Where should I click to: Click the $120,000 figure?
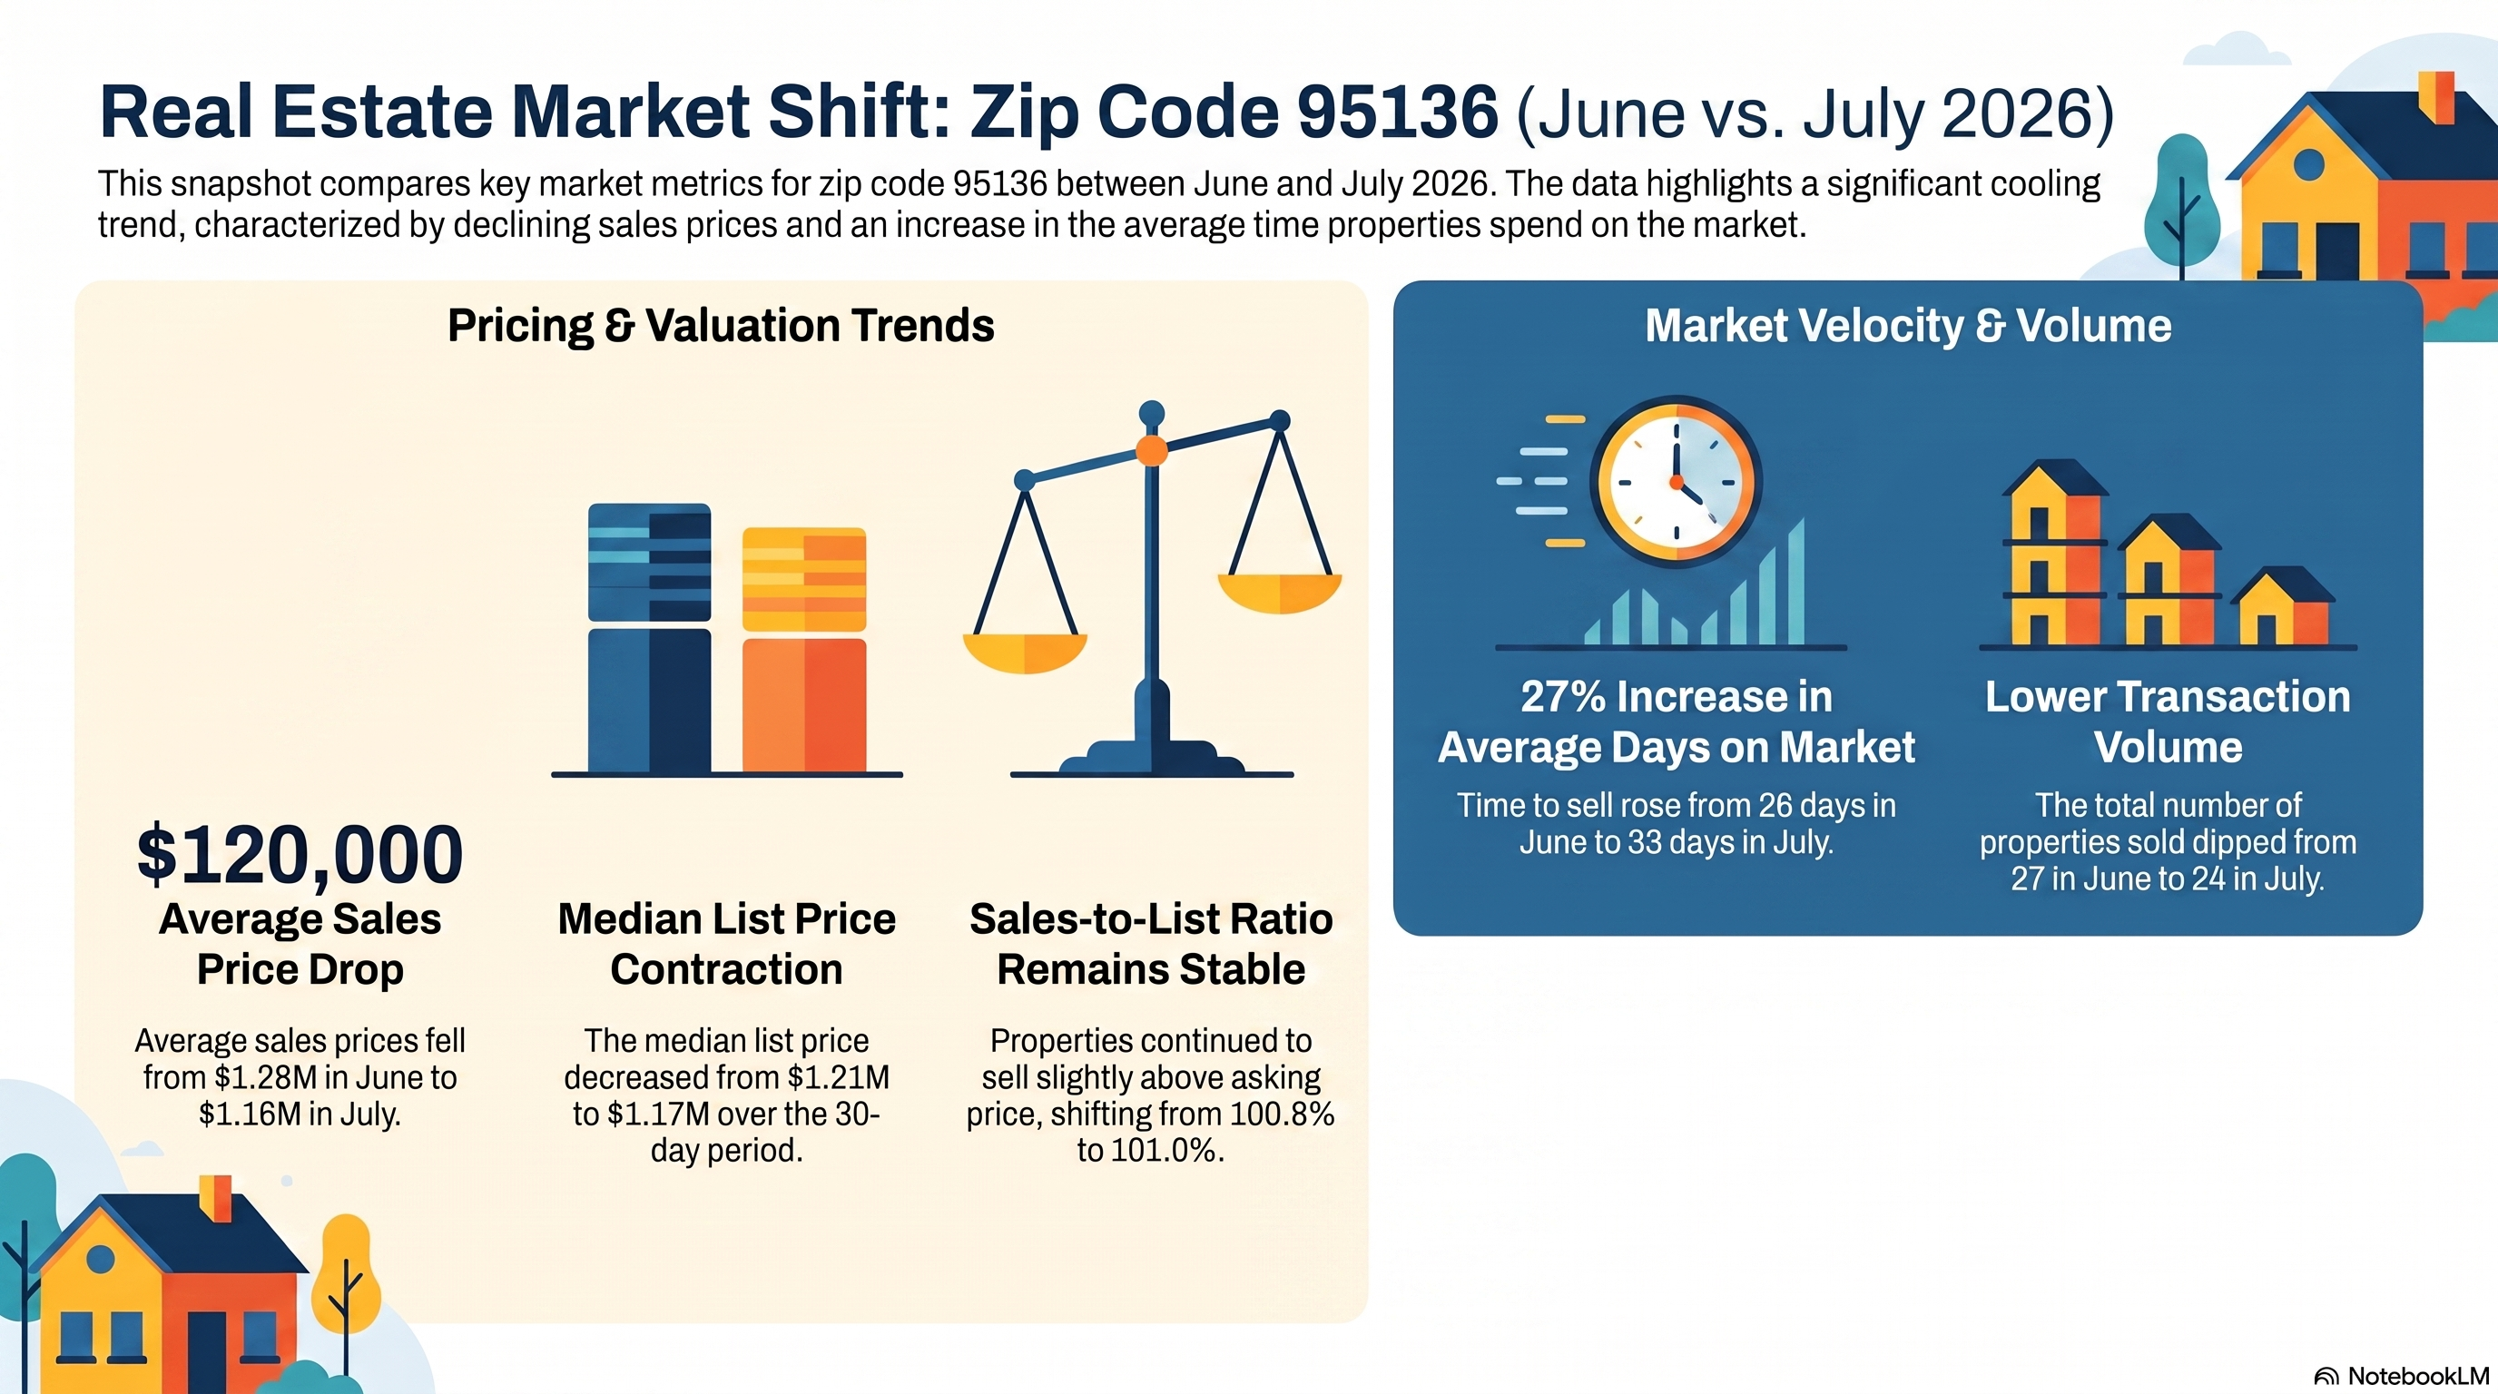[300, 854]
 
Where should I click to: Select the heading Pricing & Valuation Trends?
[721, 326]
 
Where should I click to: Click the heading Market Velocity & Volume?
[1907, 326]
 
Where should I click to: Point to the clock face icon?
[1676, 481]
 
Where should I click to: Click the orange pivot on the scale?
[1151, 450]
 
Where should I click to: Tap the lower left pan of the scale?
[1024, 653]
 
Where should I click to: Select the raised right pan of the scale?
[1280, 593]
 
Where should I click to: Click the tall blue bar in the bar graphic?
[649, 638]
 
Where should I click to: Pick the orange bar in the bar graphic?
[804, 650]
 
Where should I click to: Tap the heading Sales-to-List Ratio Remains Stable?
[1151, 944]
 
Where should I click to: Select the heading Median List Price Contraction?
[726, 944]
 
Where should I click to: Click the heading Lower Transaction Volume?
[2168, 722]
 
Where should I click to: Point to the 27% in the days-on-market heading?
[1562, 696]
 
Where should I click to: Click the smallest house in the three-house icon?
[2282, 607]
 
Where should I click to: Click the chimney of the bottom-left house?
[215, 1198]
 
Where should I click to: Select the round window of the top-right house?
[2308, 165]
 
